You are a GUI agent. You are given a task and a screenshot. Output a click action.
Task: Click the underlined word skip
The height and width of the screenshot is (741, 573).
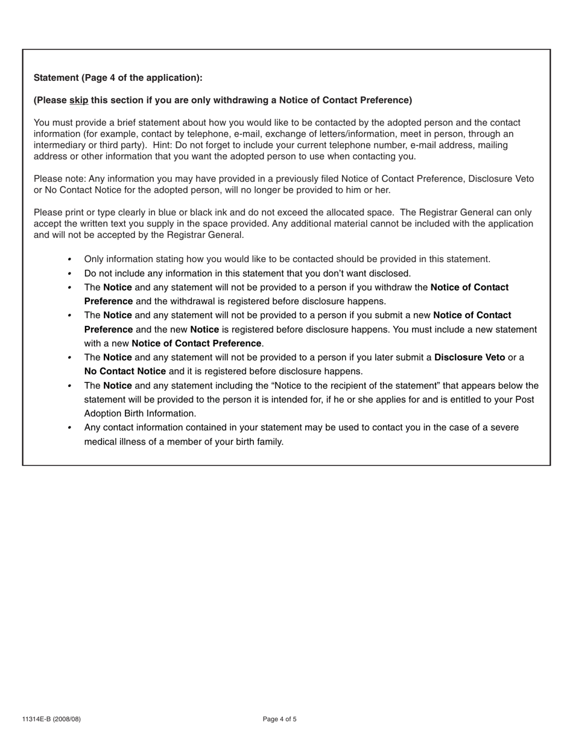(78, 100)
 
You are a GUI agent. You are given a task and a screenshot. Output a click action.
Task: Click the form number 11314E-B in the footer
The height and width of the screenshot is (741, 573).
(37, 719)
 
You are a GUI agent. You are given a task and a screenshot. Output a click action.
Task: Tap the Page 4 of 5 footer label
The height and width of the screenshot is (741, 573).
(280, 719)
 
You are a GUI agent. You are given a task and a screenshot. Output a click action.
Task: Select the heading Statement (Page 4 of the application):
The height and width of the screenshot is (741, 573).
(118, 78)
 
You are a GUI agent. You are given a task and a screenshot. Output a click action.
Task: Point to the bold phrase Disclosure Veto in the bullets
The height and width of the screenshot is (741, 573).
(469, 357)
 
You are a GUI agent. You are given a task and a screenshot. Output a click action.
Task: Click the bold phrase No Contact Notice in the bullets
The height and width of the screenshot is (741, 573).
(125, 371)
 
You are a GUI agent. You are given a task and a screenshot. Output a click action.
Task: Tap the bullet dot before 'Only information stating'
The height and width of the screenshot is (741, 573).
(70, 259)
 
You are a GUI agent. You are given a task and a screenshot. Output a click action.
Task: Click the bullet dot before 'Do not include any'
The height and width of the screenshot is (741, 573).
(70, 274)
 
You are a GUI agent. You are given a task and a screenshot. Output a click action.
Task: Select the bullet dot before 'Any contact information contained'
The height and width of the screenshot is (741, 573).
(70, 428)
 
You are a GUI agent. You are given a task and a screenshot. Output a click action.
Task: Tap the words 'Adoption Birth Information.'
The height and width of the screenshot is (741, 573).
(140, 413)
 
